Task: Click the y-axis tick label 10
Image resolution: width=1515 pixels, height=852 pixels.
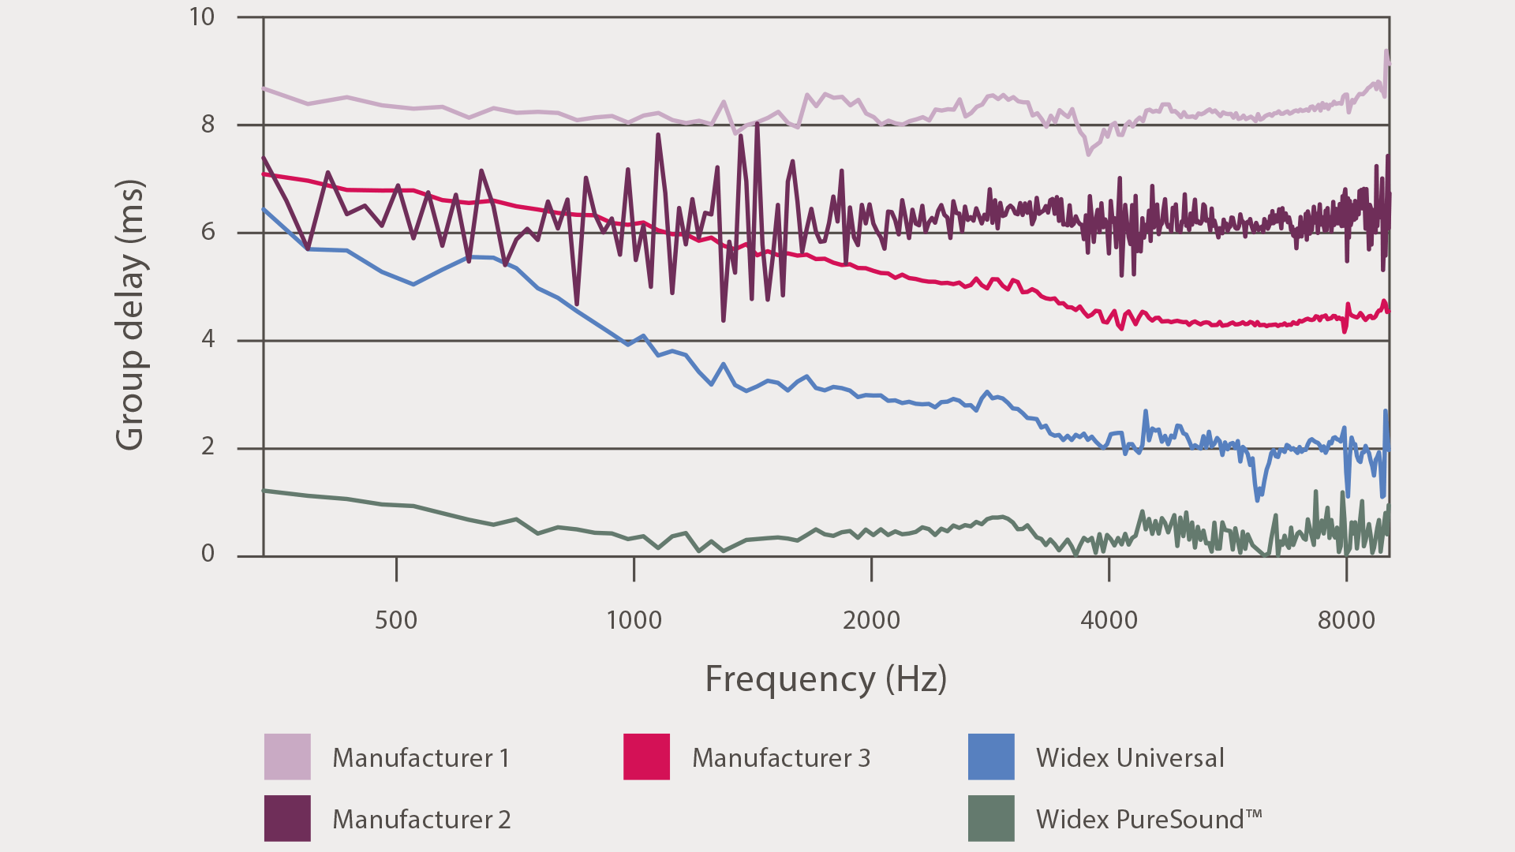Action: tap(202, 17)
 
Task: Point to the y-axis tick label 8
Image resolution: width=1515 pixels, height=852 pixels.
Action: tap(208, 125)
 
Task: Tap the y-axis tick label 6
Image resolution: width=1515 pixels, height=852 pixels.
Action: tap(208, 232)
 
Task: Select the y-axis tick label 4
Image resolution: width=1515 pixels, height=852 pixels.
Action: tap(208, 339)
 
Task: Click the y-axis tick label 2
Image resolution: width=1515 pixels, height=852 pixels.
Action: tap(208, 447)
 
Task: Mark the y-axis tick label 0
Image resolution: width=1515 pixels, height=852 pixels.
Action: tap(208, 554)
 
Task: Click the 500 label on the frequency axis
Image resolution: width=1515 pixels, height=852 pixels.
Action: tap(396, 620)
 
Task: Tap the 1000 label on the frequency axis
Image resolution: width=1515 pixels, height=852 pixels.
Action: tap(634, 620)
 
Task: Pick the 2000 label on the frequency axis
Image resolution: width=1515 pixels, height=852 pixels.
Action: tap(871, 620)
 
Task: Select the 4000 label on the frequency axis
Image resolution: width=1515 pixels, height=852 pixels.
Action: tap(1109, 620)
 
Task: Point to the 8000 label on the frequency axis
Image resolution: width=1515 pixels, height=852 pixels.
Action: tap(1346, 620)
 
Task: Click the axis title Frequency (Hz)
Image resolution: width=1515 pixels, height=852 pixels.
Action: tap(825, 678)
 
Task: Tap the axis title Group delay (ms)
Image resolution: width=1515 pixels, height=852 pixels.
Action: tap(130, 316)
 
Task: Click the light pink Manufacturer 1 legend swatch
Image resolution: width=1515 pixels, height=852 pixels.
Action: tap(287, 757)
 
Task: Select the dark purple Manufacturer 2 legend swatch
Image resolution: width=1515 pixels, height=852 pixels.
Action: tap(287, 818)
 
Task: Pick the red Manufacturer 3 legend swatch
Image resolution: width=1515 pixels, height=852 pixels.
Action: tap(646, 757)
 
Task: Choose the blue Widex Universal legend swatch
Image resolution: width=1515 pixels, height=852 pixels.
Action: tap(991, 757)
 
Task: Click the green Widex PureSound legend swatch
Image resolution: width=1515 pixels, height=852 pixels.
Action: tap(991, 818)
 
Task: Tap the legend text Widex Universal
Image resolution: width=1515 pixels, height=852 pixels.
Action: tap(1130, 757)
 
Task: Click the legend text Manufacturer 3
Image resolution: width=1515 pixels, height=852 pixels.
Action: tap(781, 757)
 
